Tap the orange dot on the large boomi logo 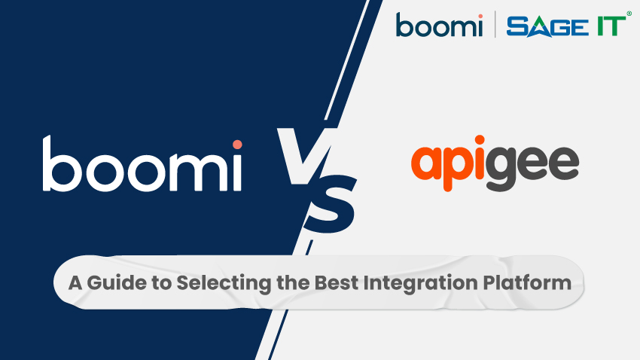point(237,144)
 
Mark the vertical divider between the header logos point(495,26)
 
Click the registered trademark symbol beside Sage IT point(629,14)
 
